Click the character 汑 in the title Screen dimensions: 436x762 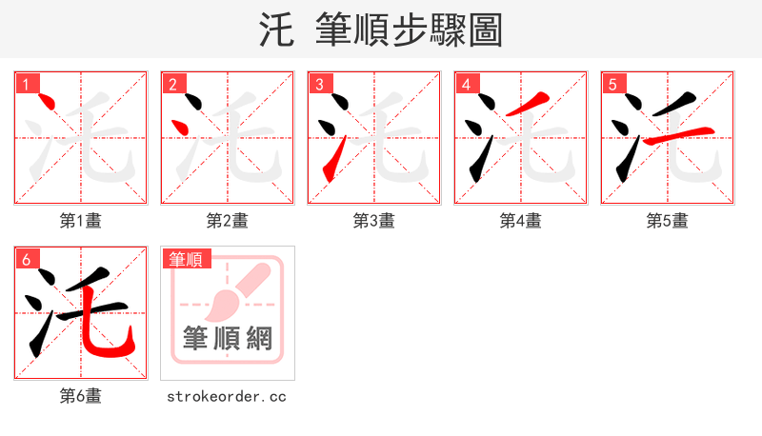coord(277,30)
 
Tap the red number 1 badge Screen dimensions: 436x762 coord(26,84)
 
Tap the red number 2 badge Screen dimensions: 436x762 coord(172,84)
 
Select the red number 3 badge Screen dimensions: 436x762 coord(319,84)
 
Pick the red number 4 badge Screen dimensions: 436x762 coord(466,84)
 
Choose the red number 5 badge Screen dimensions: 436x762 coord(612,84)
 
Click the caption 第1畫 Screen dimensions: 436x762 coord(81,221)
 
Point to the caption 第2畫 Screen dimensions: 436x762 coord(228,221)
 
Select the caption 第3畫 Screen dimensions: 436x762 coord(374,221)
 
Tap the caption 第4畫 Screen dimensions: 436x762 coord(521,221)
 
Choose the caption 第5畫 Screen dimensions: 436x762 coord(668,221)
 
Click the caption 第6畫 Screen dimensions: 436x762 coord(81,396)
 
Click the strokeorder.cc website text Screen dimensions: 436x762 coord(227,396)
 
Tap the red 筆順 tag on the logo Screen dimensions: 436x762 coord(185,259)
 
